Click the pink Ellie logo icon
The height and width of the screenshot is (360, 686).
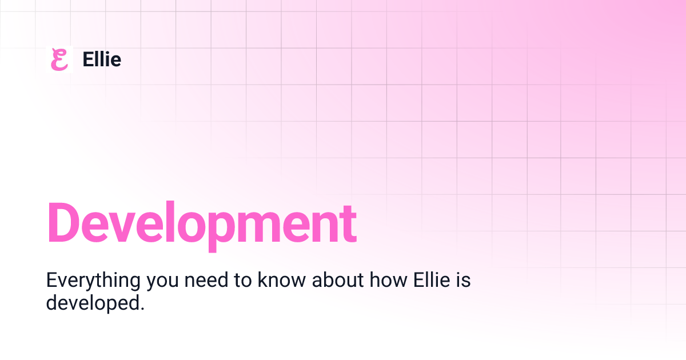(59, 59)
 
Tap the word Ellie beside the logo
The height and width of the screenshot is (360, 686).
(102, 59)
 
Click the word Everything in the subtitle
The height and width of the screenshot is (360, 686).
(94, 281)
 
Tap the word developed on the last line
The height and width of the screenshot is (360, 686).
(92, 302)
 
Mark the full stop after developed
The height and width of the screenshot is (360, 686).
(141, 308)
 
